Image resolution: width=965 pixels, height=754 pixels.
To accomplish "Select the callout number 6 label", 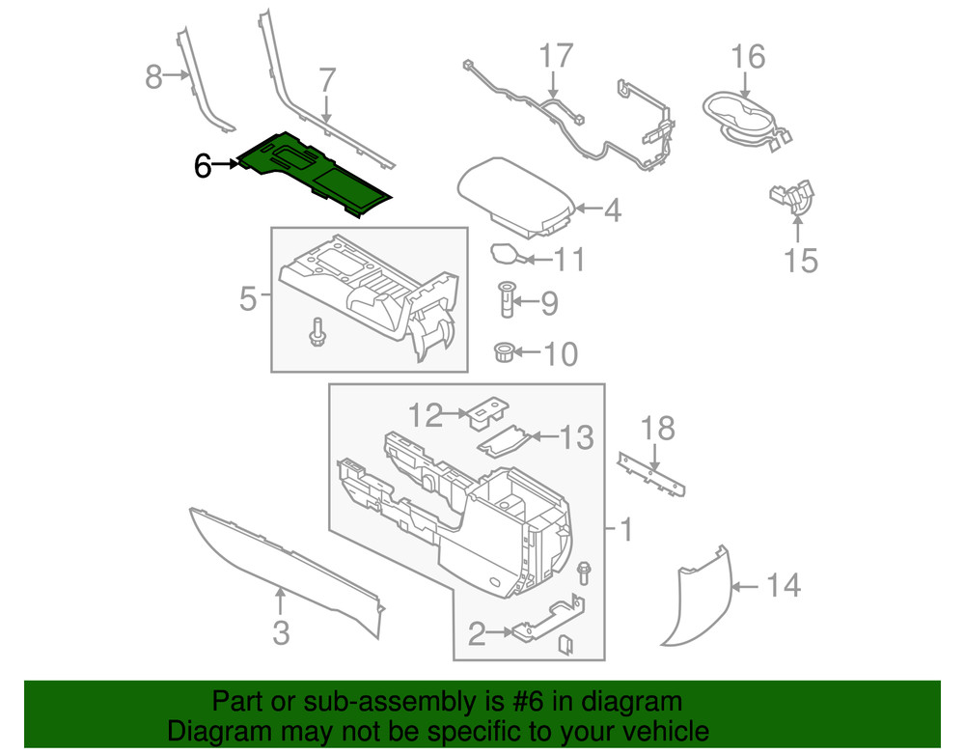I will pyautogui.click(x=202, y=166).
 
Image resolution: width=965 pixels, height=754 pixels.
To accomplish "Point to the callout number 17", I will pyautogui.click(x=556, y=56).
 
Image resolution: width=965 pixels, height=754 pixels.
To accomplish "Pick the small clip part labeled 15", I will pyautogui.click(x=792, y=197).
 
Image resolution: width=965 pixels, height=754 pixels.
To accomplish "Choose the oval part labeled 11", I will pyautogui.click(x=505, y=255).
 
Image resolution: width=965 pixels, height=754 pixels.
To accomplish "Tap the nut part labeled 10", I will pyautogui.click(x=503, y=352).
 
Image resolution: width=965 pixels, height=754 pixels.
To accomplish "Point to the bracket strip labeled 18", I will pyautogui.click(x=652, y=473).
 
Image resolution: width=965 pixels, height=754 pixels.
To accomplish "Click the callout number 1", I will pyautogui.click(x=624, y=529).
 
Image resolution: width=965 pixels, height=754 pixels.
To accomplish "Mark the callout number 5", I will pyautogui.click(x=248, y=300).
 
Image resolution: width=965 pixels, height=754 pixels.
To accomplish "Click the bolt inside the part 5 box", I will pyautogui.click(x=317, y=331).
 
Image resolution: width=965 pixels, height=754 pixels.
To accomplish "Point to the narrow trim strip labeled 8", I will pyautogui.click(x=203, y=82).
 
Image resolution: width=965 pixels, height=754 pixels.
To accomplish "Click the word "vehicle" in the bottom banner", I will pyautogui.click(x=654, y=731).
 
